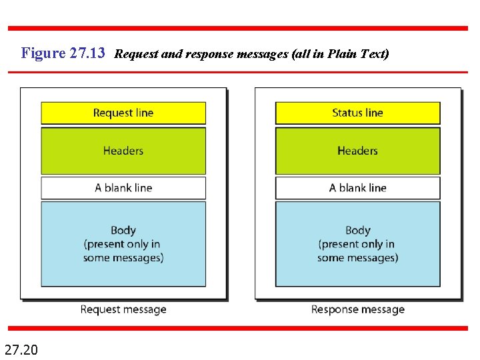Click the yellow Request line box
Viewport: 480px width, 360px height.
123,113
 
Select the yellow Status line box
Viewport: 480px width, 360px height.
357,113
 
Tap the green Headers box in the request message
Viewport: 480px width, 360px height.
123,151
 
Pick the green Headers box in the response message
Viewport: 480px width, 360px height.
357,151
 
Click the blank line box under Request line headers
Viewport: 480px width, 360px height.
123,188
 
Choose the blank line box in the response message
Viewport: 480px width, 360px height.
357,188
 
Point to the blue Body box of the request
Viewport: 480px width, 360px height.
123,244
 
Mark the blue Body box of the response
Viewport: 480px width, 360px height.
357,244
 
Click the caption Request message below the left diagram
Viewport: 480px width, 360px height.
123,309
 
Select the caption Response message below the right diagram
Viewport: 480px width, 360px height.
357,309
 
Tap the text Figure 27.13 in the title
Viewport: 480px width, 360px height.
63,53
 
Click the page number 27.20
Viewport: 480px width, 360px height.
21,349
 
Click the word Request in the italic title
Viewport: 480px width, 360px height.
137,54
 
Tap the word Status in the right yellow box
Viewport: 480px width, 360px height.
347,113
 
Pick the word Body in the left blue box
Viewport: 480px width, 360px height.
123,231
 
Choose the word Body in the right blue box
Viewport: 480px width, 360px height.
357,231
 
